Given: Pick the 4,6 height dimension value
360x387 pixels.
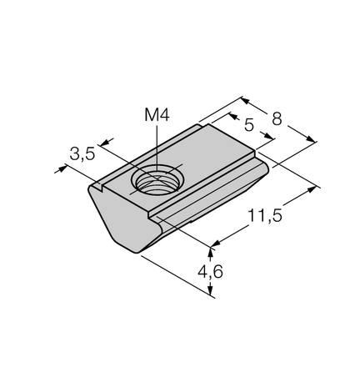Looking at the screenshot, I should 210,271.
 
